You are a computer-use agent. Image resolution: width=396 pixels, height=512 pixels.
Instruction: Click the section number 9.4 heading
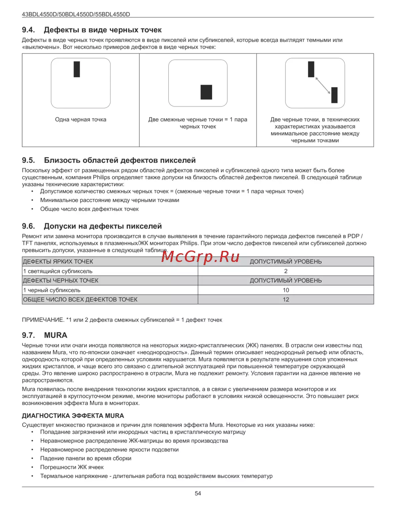tap(29, 30)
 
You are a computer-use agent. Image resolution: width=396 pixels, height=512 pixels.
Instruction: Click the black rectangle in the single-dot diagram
tap(77, 69)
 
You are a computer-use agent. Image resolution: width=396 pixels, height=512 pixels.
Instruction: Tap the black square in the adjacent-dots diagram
tap(206, 92)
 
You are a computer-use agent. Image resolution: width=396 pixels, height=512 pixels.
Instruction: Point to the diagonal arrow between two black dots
tap(323, 85)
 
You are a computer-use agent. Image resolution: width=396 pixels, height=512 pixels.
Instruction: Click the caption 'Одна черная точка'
tap(81, 119)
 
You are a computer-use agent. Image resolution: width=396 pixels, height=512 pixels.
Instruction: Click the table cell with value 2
tap(286, 271)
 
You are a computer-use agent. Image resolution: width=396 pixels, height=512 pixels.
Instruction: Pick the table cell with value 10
tap(286, 290)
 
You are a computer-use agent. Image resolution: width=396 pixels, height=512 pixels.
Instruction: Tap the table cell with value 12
tap(286, 300)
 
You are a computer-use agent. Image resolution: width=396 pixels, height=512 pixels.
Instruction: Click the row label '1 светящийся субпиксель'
tap(58, 271)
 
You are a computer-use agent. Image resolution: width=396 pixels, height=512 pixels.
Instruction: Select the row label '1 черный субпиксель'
tap(52, 290)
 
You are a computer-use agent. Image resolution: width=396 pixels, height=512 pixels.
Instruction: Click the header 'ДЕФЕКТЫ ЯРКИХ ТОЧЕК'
tap(58, 262)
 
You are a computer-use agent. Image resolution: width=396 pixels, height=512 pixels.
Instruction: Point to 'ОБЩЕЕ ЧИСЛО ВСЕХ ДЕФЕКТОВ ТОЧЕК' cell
tap(80, 300)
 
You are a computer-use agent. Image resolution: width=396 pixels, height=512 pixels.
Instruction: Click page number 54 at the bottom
tap(198, 493)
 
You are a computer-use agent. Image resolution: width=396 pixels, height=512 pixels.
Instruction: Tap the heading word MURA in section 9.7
tap(56, 335)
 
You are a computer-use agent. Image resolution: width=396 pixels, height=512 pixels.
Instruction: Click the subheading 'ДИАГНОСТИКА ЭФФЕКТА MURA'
tap(73, 416)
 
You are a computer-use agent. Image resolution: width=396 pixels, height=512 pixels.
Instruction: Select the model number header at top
tap(76, 14)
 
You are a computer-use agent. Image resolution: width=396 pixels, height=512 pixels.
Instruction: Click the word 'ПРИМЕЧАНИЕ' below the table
tap(43, 320)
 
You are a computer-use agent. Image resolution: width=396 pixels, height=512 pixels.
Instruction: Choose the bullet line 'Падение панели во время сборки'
tap(86, 458)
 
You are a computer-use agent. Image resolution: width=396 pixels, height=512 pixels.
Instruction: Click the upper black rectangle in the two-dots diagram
tap(311, 69)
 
